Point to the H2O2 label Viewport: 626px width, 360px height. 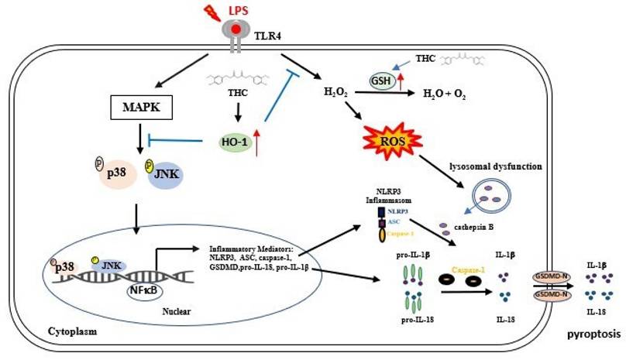point(335,93)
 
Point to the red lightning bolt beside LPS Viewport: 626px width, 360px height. point(211,12)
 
